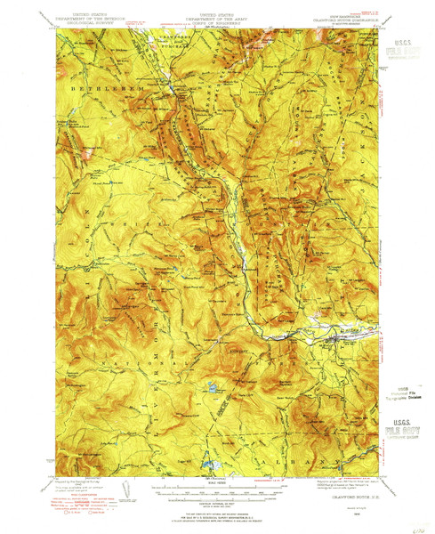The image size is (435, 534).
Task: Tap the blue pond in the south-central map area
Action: [213, 388]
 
